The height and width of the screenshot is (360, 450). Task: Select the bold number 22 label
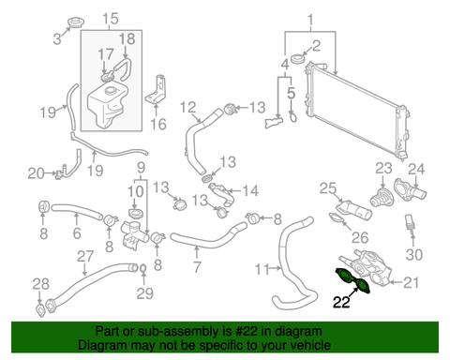coord(341,302)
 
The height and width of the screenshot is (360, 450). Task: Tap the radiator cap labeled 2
coord(298,58)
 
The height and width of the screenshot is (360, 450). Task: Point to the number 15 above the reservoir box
coord(111,19)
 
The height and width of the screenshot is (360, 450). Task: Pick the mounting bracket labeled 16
coord(156,90)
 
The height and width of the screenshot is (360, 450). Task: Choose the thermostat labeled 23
coord(382,196)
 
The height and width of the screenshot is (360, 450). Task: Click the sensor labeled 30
coord(410,222)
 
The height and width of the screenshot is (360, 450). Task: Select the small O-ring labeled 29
coord(142,268)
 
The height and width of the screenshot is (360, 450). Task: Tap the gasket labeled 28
coord(41,309)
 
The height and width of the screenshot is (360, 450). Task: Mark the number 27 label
coord(85,256)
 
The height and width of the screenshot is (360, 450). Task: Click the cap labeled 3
coord(76,22)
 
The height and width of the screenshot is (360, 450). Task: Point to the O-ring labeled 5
coord(292,117)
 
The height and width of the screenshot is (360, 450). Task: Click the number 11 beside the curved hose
coord(262,269)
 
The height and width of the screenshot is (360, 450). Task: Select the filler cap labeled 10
coord(136,214)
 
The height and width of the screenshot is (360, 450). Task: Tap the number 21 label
coord(412,282)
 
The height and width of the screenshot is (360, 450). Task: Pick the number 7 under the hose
coord(197,266)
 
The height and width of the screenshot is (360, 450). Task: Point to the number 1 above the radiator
coord(310,21)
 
